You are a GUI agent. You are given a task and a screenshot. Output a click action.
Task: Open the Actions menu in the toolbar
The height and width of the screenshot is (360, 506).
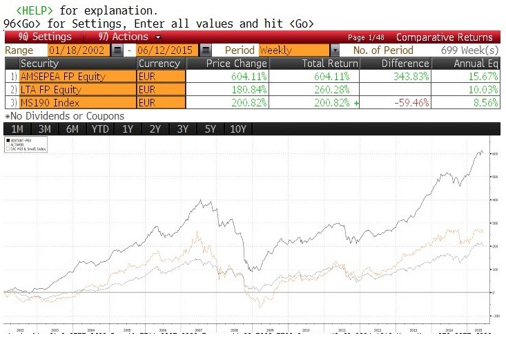pos(128,37)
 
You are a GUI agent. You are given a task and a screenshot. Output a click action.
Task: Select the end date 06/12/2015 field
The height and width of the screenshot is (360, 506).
pos(167,50)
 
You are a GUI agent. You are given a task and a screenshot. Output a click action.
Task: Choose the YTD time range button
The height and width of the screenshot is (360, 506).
pos(99,129)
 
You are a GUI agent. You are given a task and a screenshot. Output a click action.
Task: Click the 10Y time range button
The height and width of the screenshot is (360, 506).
pos(237,129)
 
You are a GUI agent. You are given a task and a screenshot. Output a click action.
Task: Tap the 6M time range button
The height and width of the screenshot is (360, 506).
pos(71,129)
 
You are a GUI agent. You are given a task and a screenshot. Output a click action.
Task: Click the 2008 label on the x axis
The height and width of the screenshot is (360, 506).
pos(235,332)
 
